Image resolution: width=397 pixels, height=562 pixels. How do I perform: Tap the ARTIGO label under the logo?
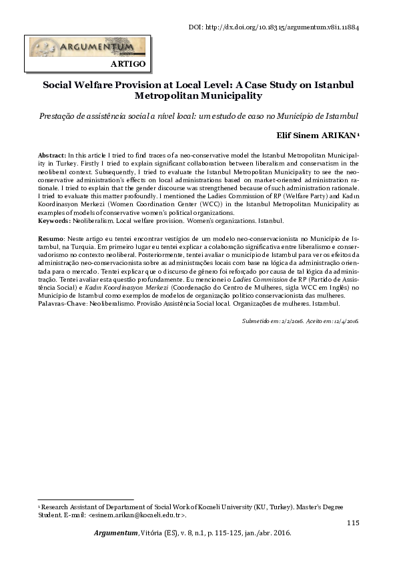point(127,64)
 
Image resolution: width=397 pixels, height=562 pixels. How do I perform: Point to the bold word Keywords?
point(54,220)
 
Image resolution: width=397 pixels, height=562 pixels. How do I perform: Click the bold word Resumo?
point(51,238)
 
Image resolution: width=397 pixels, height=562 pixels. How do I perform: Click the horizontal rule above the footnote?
point(86,499)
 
